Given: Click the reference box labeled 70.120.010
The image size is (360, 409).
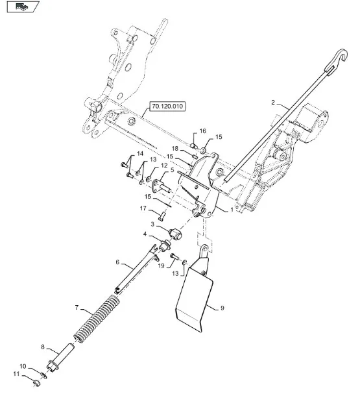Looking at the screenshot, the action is (x=167, y=106).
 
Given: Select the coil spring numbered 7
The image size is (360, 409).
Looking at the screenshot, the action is (x=97, y=318).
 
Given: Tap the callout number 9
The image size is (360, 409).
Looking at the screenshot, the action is (x=222, y=308).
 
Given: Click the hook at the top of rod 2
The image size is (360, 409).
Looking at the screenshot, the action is (x=338, y=60).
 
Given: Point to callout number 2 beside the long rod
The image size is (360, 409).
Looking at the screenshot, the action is (x=273, y=103).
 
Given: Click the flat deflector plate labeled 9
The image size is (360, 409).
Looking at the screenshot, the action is (x=195, y=297).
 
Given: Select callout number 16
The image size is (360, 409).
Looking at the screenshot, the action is (x=203, y=131).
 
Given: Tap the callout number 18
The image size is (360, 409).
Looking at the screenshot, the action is (x=175, y=149).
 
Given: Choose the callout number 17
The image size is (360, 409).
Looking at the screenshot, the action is (x=143, y=208).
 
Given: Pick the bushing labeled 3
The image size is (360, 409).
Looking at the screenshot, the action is (x=175, y=233).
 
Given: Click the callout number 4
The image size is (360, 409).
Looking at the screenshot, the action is (x=145, y=234).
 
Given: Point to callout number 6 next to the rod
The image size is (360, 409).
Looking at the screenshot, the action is (x=117, y=262).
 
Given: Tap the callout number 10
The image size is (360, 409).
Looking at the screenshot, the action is (x=23, y=366).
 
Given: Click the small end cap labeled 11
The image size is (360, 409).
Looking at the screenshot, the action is (x=37, y=383).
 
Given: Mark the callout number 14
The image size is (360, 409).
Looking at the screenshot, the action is (x=140, y=154).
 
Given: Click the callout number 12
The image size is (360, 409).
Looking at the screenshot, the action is (x=164, y=166).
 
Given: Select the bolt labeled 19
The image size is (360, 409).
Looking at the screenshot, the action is (x=174, y=256).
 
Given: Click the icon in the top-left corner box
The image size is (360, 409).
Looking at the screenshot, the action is (x=23, y=6).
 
